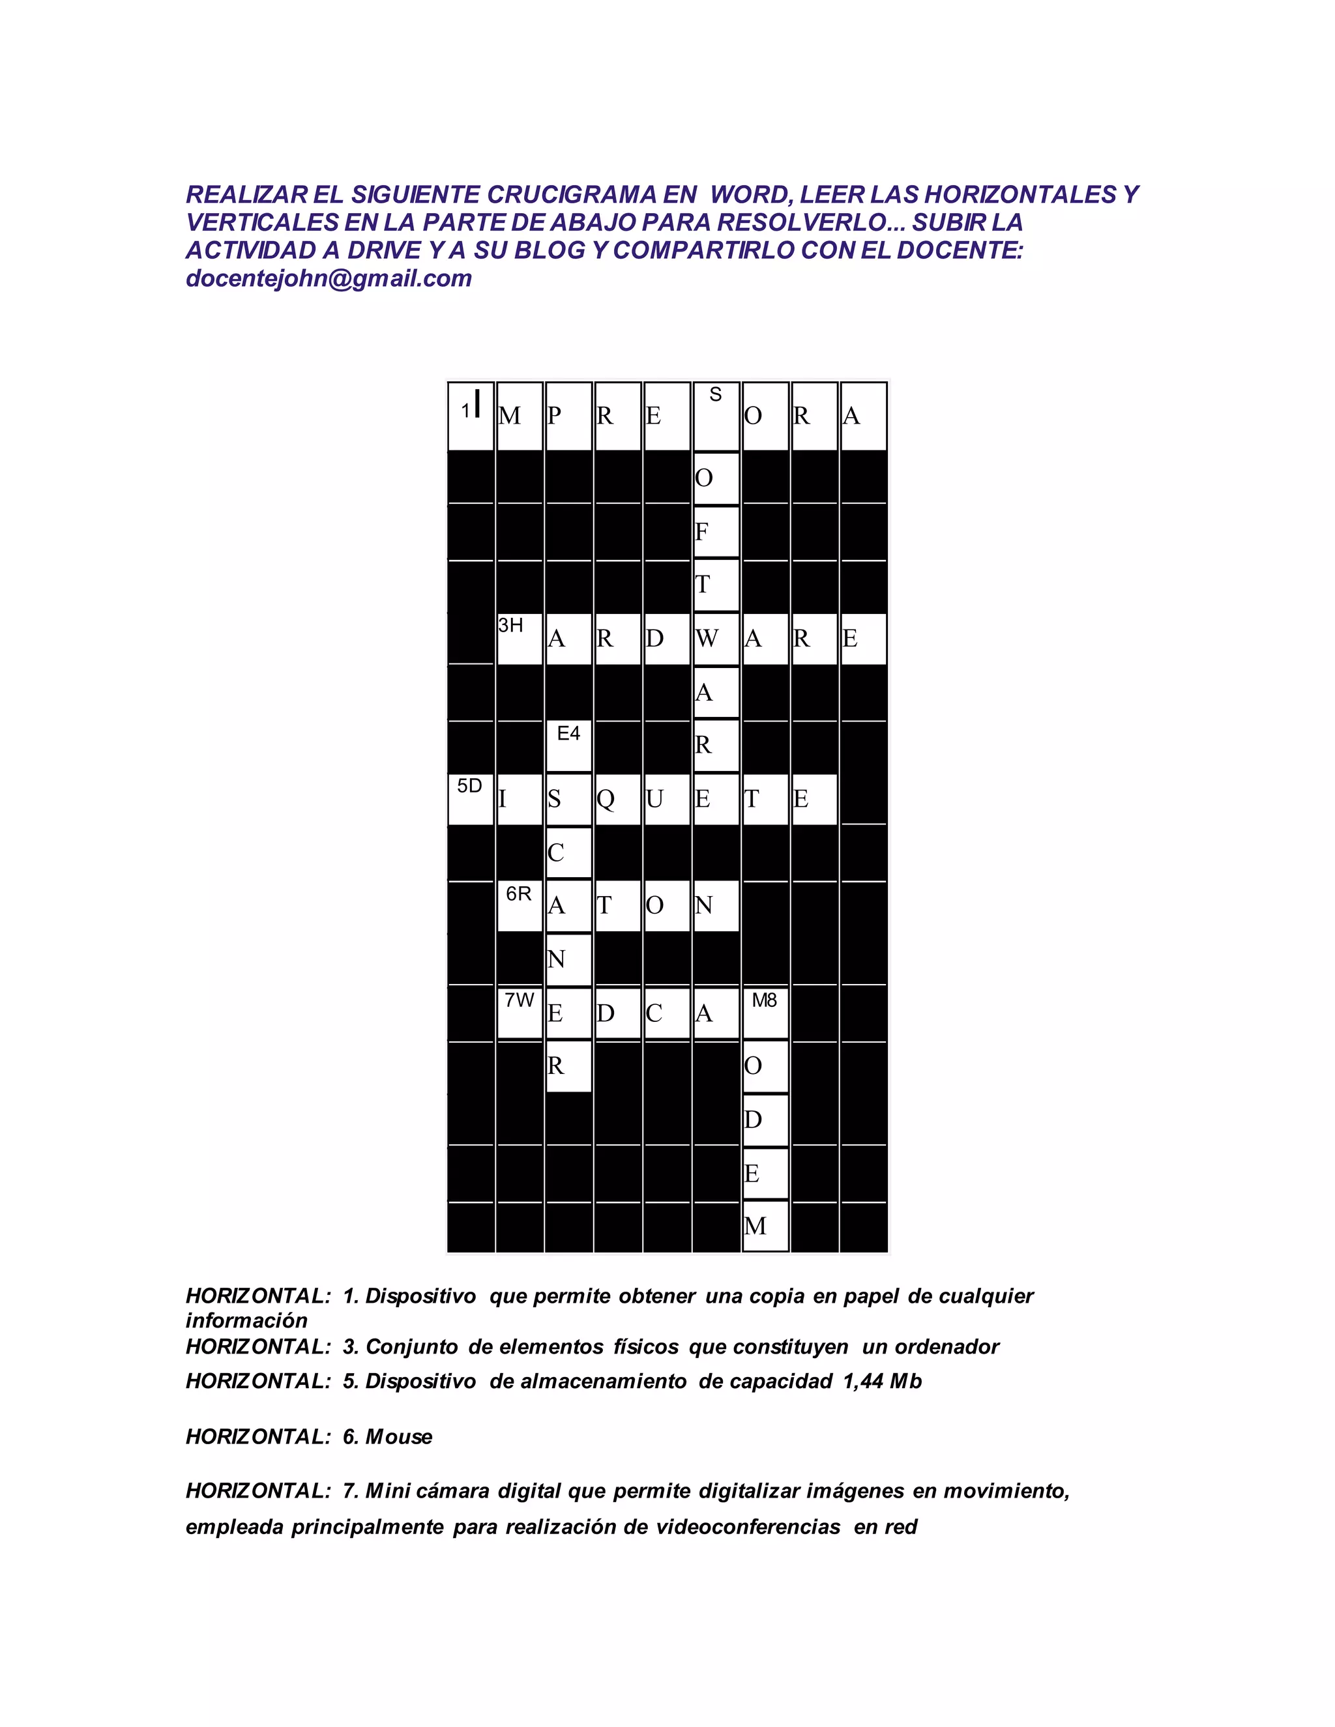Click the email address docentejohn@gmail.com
(x=329, y=278)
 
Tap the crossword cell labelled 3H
(x=520, y=638)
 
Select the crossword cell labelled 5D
(x=471, y=799)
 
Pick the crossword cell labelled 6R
(x=520, y=905)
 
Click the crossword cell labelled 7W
(x=520, y=1011)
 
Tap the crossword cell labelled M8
(x=765, y=1011)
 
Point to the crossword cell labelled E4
(x=568, y=744)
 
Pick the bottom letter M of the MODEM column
(x=756, y=1226)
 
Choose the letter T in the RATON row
(x=605, y=905)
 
